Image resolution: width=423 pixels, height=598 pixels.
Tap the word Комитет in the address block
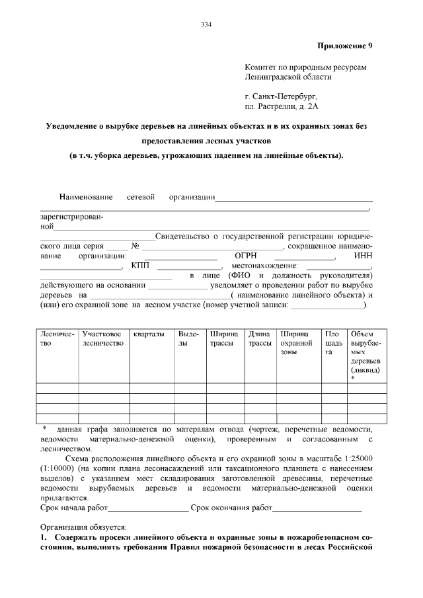(x=262, y=67)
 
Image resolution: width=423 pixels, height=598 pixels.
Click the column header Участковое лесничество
(x=102, y=340)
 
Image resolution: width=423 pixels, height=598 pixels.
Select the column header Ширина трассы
(x=223, y=340)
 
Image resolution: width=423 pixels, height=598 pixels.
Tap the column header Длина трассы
(x=259, y=340)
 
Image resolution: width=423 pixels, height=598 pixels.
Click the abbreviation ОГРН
(x=245, y=256)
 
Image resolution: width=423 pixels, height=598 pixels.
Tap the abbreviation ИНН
(x=364, y=256)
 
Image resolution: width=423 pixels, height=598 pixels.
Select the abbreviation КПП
(x=141, y=266)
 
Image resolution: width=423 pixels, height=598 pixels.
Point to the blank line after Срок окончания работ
(x=317, y=509)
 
